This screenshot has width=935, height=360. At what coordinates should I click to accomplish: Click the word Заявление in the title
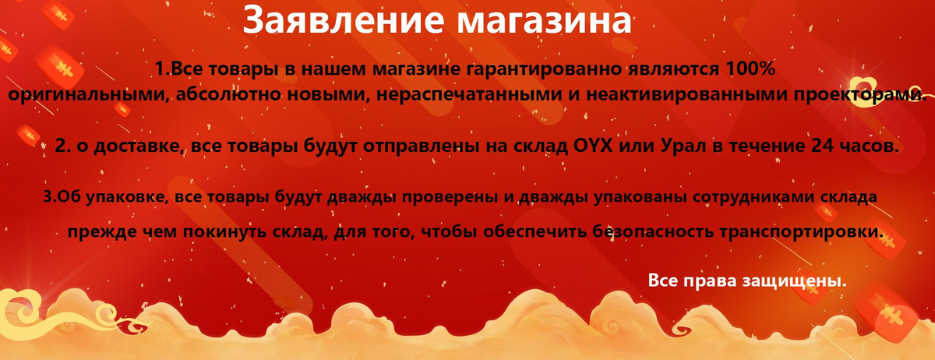[x=342, y=19]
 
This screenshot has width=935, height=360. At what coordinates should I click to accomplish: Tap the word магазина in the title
[x=544, y=21]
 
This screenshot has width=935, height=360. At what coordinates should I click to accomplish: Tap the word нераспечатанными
[x=469, y=94]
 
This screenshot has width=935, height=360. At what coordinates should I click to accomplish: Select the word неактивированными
[x=686, y=94]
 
